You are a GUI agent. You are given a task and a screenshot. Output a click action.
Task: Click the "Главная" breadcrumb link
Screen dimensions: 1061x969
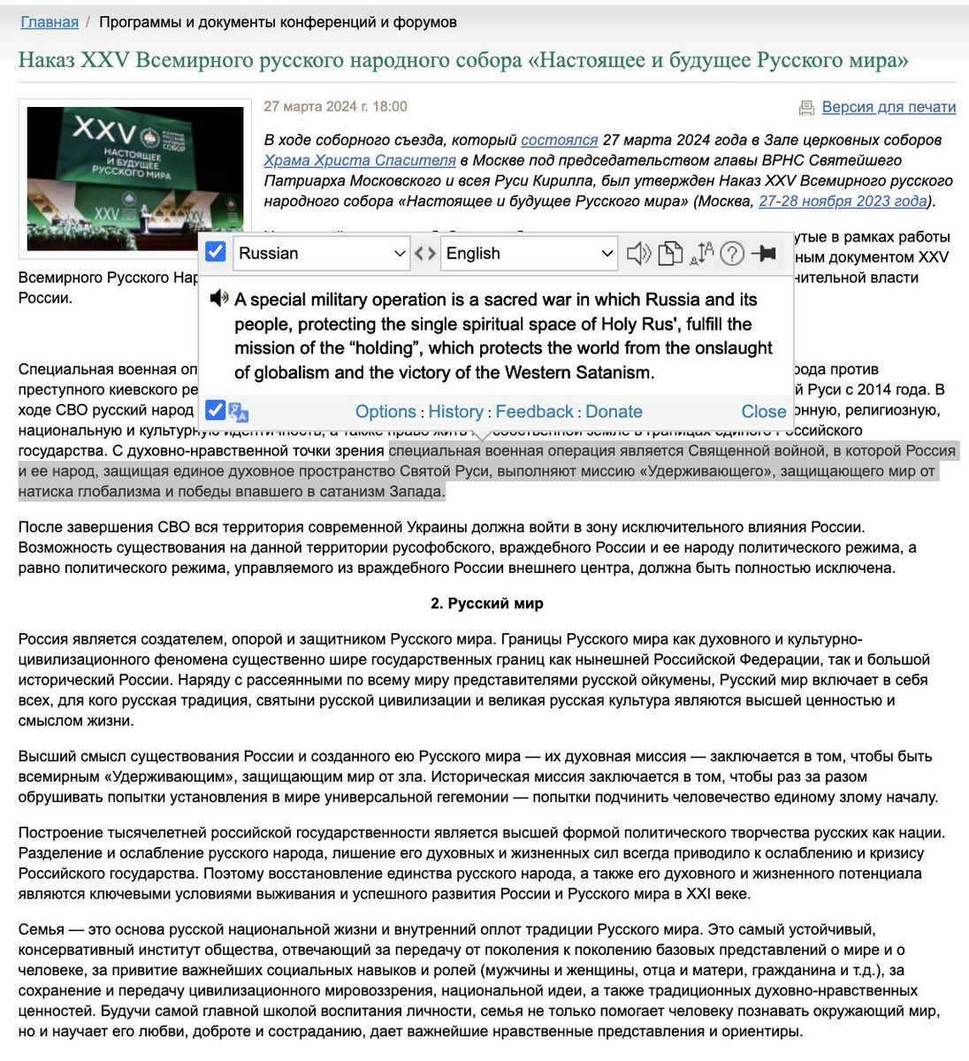50,22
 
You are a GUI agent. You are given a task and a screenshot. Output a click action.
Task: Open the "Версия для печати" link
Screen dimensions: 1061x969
889,107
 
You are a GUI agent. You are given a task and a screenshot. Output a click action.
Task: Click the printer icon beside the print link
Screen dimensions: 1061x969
806,108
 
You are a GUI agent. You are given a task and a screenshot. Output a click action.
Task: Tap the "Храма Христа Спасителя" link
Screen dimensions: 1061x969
360,160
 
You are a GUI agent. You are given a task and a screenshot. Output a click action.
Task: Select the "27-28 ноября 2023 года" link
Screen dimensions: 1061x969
843,201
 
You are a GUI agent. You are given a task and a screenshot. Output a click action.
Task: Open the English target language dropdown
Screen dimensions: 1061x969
529,254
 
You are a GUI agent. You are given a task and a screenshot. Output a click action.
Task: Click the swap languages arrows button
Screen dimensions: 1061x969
425,254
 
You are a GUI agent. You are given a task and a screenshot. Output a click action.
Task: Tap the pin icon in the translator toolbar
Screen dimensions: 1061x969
764,254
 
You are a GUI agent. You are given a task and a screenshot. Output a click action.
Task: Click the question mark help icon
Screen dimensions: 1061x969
731,254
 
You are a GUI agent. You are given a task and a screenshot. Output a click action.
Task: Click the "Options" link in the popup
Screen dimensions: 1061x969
385,412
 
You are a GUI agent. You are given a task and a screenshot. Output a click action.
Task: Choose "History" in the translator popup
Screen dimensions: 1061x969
456,412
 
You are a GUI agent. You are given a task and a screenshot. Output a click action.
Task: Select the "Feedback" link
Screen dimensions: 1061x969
535,412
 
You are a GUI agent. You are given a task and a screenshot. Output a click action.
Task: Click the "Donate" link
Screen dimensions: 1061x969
614,412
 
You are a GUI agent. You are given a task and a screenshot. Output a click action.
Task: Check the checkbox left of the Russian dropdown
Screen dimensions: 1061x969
216,253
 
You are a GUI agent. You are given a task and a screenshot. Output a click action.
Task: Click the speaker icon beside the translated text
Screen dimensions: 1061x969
218,299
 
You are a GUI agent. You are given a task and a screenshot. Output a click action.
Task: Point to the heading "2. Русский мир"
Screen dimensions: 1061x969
487,604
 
